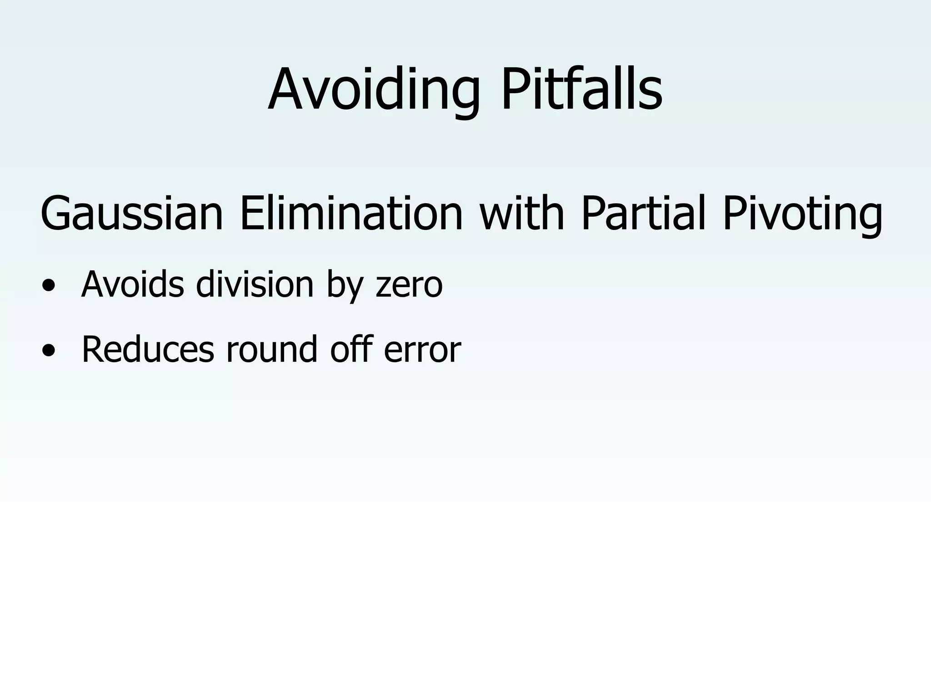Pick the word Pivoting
tap(802, 214)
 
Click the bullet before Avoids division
tap(48, 286)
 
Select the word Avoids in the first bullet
tap(132, 284)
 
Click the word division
tap(255, 284)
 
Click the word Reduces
tap(148, 349)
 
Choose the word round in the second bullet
tap(271, 349)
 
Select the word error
tap(422, 350)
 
